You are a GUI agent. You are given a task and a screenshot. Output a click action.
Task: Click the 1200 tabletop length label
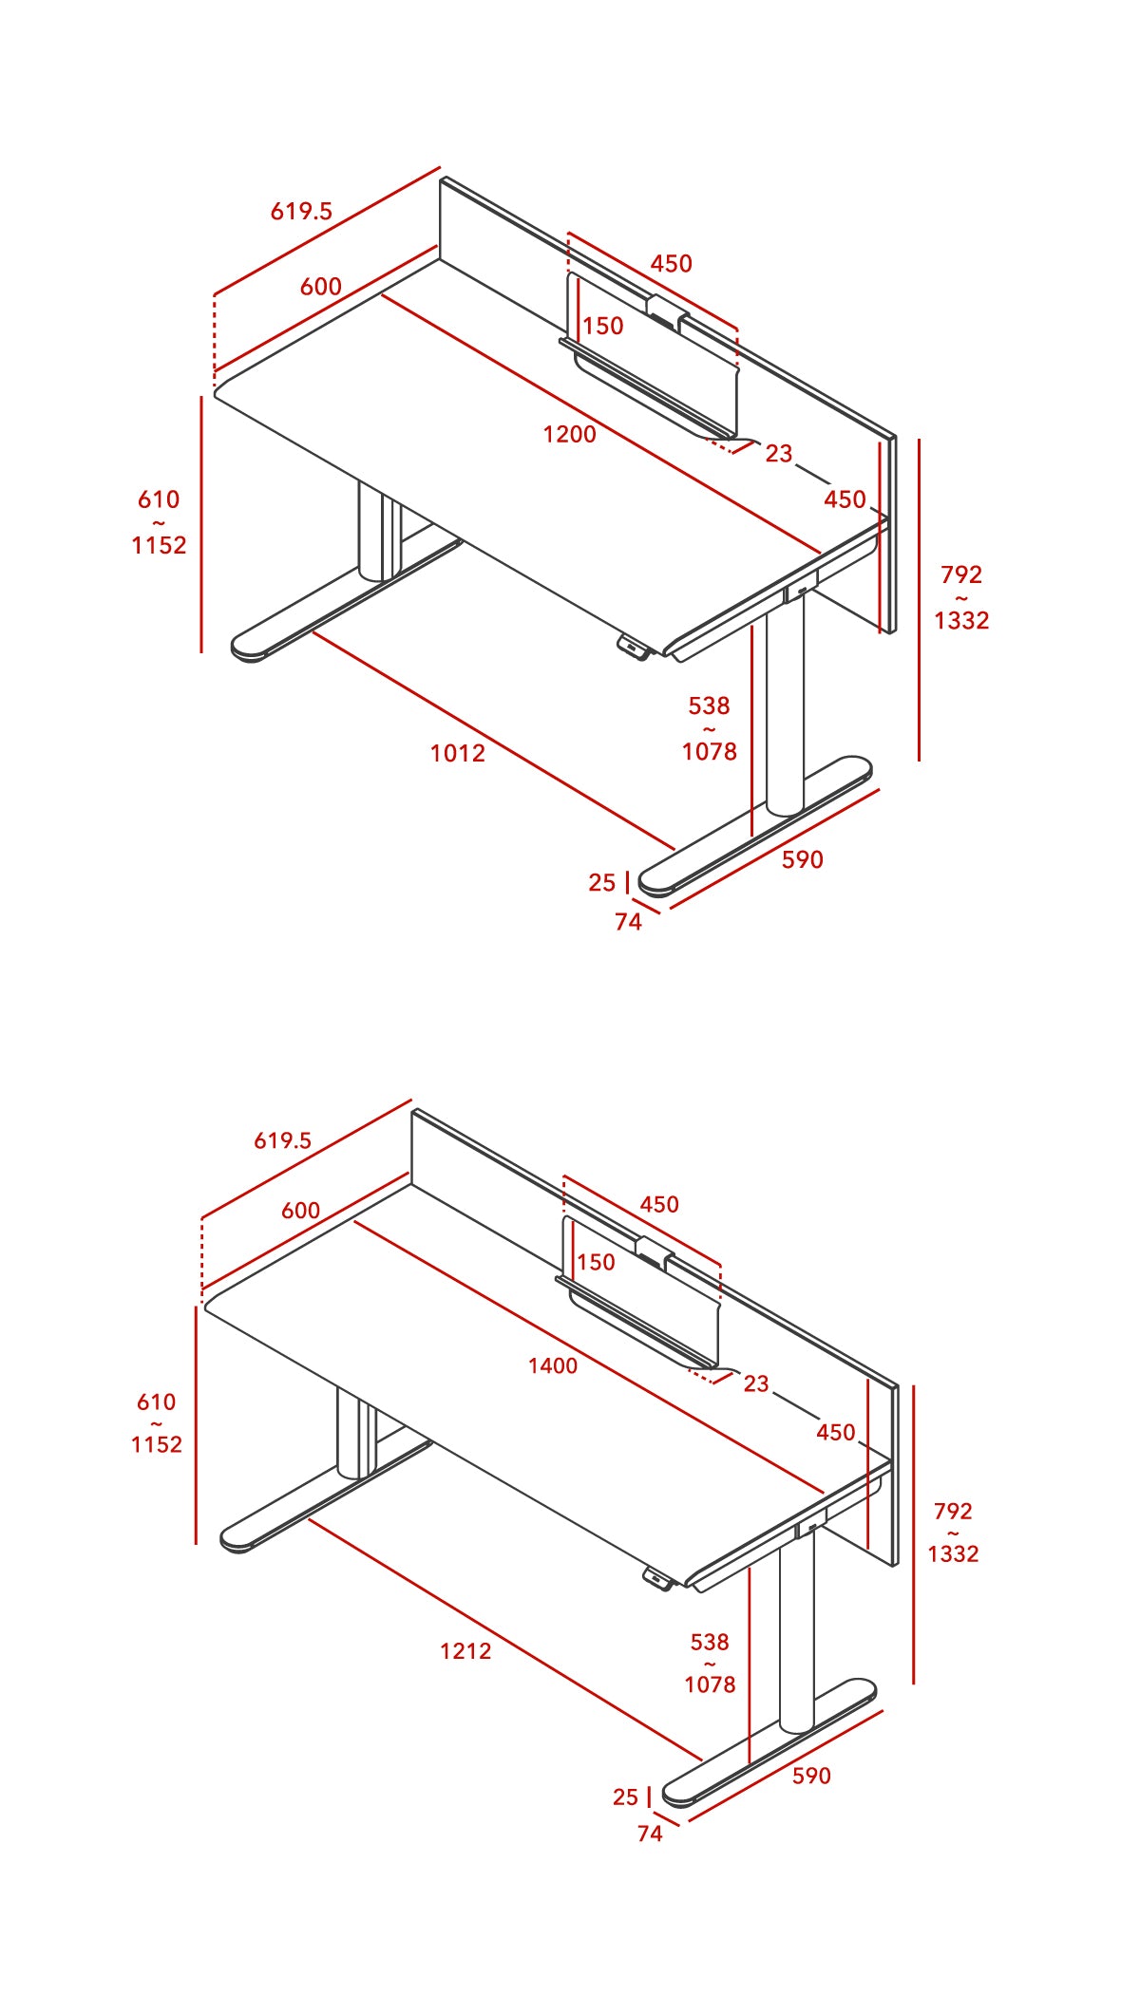(x=569, y=434)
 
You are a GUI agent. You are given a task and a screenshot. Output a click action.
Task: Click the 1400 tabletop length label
(x=553, y=1365)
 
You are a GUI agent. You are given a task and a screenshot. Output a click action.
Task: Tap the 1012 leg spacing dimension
(x=457, y=753)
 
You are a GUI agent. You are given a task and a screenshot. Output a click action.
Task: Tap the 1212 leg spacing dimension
(x=465, y=1650)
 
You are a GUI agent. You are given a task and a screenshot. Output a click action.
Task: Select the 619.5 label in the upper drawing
(x=301, y=211)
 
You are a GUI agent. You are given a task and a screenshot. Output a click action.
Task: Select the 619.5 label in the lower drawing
(x=282, y=1139)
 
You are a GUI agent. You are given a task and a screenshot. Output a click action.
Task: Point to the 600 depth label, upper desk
(x=320, y=286)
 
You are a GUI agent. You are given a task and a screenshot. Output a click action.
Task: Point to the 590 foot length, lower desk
(x=811, y=1776)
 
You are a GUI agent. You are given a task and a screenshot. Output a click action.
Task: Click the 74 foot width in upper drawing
(x=628, y=922)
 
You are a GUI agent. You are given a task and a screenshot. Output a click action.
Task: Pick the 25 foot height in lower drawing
(x=625, y=1797)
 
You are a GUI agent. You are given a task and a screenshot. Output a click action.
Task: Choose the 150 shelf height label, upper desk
(x=603, y=326)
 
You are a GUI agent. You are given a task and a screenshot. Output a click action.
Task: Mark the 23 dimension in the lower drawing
(x=756, y=1383)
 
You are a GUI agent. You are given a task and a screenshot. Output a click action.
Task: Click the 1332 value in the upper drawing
(x=961, y=620)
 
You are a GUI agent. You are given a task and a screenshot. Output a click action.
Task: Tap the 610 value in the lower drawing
(x=156, y=1402)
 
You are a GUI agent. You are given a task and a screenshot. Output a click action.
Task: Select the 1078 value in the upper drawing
(x=710, y=751)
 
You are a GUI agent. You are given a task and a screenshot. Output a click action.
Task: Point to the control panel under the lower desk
(x=658, y=1578)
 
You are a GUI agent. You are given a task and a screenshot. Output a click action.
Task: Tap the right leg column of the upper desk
(x=785, y=712)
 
